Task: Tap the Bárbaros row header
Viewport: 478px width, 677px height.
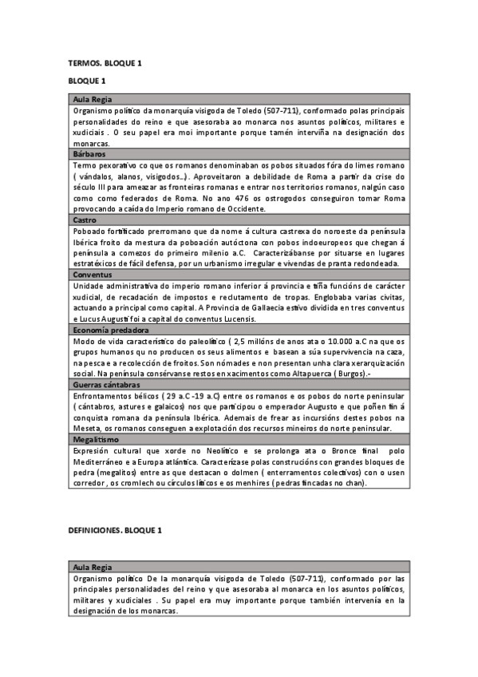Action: pyautogui.click(x=89, y=153)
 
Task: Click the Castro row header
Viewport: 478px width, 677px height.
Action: pyautogui.click(x=85, y=219)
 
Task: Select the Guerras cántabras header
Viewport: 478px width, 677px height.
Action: pyautogui.click(x=109, y=384)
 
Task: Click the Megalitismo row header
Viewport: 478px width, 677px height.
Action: pyautogui.click(x=97, y=438)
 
